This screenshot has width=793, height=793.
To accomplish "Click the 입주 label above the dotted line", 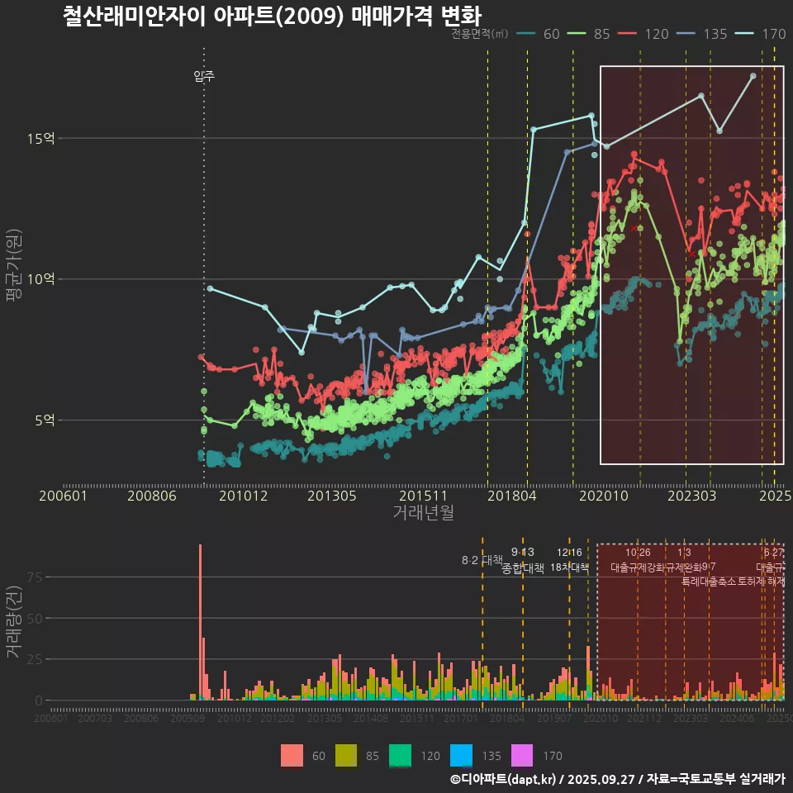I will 204,76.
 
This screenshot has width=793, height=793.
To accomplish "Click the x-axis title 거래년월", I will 423,513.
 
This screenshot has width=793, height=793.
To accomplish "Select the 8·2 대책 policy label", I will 482,561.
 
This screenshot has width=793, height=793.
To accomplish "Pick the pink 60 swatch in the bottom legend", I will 292,755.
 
